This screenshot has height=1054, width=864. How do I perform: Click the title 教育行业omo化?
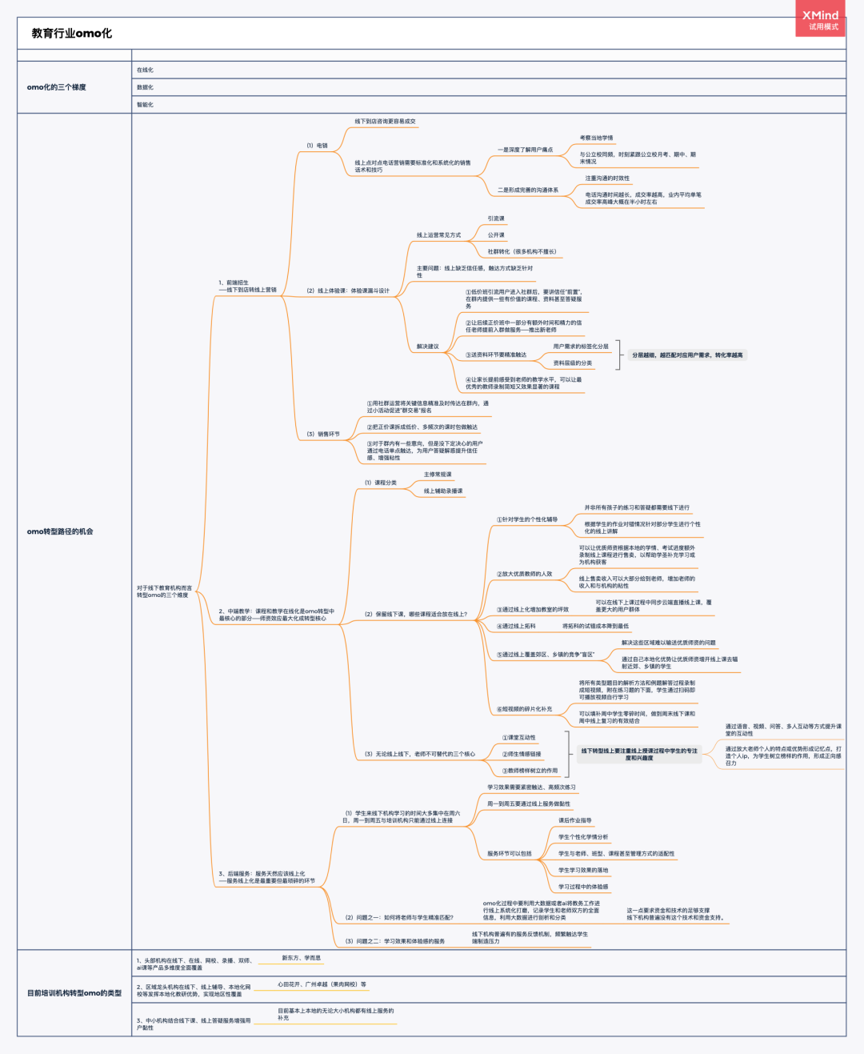coord(72,34)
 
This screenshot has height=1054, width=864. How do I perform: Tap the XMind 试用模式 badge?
coord(820,20)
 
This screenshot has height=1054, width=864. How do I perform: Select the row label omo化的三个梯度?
coord(56,87)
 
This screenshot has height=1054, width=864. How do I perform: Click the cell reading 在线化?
coord(145,70)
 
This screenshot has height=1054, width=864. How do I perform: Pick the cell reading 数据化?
coord(145,87)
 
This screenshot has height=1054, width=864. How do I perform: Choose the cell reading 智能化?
coord(145,105)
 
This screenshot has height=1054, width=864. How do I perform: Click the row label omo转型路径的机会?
coord(60,531)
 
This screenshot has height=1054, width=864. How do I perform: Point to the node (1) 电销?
coord(317,146)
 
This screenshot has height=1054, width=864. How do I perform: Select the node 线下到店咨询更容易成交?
coord(385,122)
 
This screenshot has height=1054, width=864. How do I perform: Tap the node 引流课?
coord(496,218)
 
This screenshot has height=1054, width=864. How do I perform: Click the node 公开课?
coord(496,235)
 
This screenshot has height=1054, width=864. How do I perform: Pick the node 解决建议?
coord(427,347)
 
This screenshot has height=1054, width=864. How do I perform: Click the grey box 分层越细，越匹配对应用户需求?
coord(687,355)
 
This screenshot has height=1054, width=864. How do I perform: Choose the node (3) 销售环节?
coord(323,435)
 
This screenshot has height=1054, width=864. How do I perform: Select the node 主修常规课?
coord(438,475)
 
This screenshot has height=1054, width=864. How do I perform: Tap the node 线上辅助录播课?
coord(443,491)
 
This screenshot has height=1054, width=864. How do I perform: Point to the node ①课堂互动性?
coord(518,738)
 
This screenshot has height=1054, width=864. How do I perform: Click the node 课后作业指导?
coord(574,821)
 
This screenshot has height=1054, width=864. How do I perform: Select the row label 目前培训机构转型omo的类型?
coord(74,993)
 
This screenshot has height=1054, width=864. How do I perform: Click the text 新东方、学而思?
coord(301,958)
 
